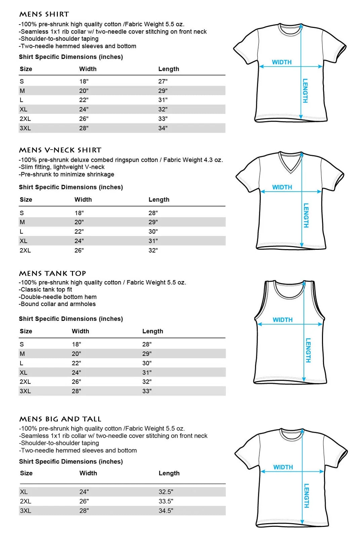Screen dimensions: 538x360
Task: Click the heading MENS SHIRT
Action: click(44, 14)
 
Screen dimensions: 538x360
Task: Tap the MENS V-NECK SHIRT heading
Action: click(60, 150)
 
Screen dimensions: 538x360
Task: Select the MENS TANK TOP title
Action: click(52, 273)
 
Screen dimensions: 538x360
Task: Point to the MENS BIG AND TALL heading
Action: click(60, 419)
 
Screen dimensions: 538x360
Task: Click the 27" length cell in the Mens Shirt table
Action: click(163, 81)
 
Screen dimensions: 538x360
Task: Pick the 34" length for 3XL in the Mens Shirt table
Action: click(163, 128)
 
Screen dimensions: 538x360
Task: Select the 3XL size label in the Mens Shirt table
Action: click(25, 128)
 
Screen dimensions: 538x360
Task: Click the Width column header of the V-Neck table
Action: click(83, 199)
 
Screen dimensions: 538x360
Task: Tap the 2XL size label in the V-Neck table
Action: click(25, 250)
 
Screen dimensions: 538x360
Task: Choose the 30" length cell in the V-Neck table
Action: click(153, 231)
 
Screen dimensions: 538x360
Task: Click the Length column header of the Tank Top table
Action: click(153, 331)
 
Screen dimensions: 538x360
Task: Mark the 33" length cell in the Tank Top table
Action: click(147, 391)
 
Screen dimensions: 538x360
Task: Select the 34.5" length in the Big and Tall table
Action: click(166, 510)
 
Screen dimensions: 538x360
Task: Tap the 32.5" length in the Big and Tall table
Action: click(166, 492)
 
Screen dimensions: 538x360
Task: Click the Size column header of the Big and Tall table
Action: click(26, 473)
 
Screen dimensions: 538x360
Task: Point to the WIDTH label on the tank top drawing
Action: click(282, 320)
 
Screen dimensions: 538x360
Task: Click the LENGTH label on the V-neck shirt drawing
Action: click(306, 215)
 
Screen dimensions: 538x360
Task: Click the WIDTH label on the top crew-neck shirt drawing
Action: click(282, 62)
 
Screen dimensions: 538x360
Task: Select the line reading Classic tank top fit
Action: click(46, 290)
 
